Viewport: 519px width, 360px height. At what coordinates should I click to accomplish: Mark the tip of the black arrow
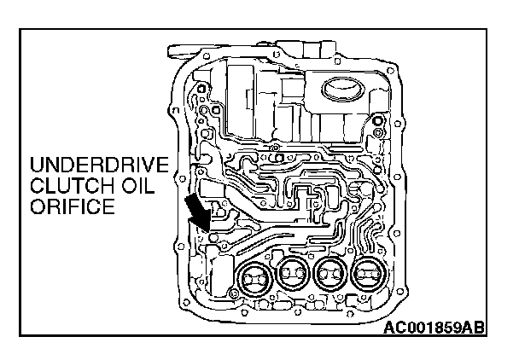208,229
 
